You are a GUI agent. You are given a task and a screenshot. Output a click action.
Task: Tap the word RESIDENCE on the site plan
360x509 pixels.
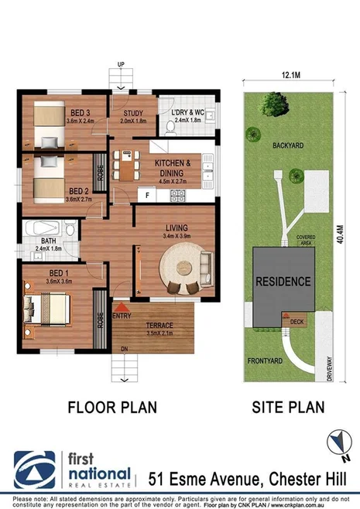(x=284, y=281)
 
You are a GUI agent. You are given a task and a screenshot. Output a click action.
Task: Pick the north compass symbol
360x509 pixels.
(x=336, y=442)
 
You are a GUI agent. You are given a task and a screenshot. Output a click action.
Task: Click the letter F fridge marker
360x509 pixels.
(x=147, y=196)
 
